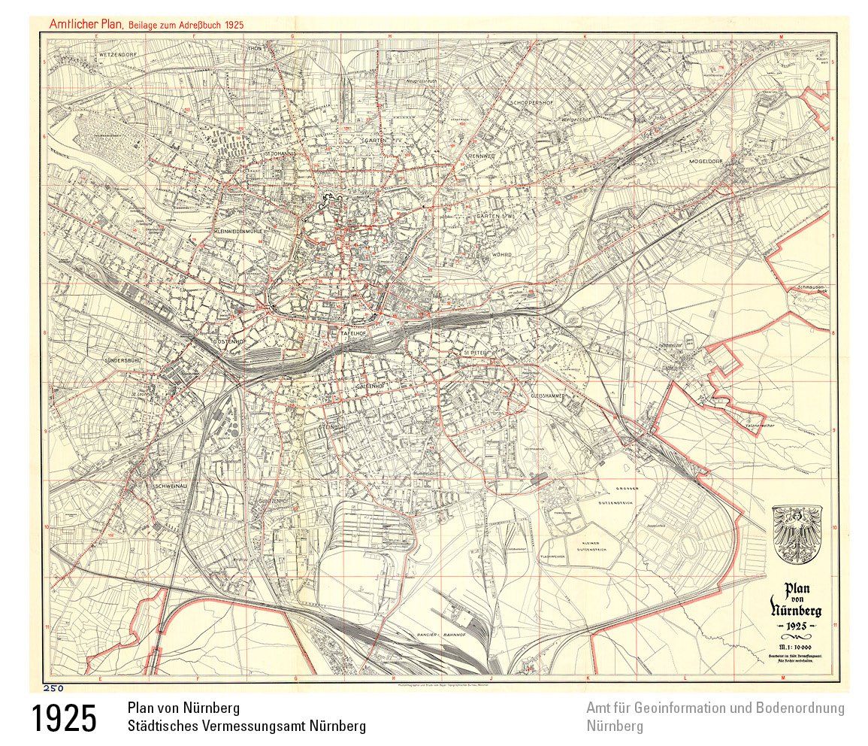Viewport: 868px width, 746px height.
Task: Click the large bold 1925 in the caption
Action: point(64,719)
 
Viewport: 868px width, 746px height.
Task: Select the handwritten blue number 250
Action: point(53,687)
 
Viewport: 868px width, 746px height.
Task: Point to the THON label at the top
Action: point(254,48)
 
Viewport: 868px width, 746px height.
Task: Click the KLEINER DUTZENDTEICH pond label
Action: point(594,546)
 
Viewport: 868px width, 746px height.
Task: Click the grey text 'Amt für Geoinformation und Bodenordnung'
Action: point(715,708)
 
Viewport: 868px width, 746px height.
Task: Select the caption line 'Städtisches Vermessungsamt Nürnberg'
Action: point(246,726)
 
